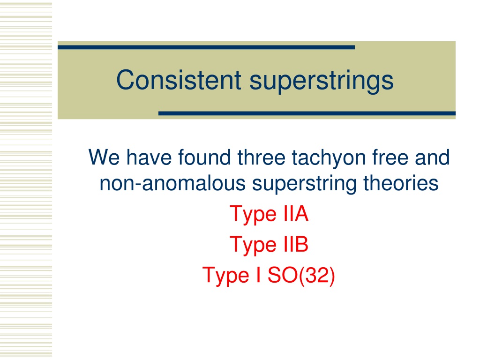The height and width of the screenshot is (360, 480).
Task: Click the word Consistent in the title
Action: point(179,80)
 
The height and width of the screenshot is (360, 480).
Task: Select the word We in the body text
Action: point(104,157)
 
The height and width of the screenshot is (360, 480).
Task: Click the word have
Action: point(149,157)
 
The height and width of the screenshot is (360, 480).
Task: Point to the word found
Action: point(204,157)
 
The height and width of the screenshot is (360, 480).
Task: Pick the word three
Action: point(262,157)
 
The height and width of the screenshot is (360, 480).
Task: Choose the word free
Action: point(390,157)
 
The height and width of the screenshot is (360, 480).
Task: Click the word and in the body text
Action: point(432,157)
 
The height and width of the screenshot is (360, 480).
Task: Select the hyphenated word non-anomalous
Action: point(172,183)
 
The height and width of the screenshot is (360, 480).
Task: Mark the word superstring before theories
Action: point(304,185)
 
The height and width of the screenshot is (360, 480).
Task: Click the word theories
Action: point(401,183)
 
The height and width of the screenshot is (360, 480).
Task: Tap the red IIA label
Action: point(296,214)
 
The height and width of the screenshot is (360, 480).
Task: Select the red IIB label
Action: point(296,244)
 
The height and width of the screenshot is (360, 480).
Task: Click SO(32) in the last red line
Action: point(301,276)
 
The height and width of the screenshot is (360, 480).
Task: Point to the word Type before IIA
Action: point(253,215)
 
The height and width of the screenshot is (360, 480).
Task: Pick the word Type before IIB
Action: point(253,246)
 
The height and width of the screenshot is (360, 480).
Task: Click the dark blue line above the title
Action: point(206,47)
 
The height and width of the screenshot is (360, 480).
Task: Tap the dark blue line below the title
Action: point(307,113)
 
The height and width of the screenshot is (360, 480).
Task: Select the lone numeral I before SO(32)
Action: point(259,275)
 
